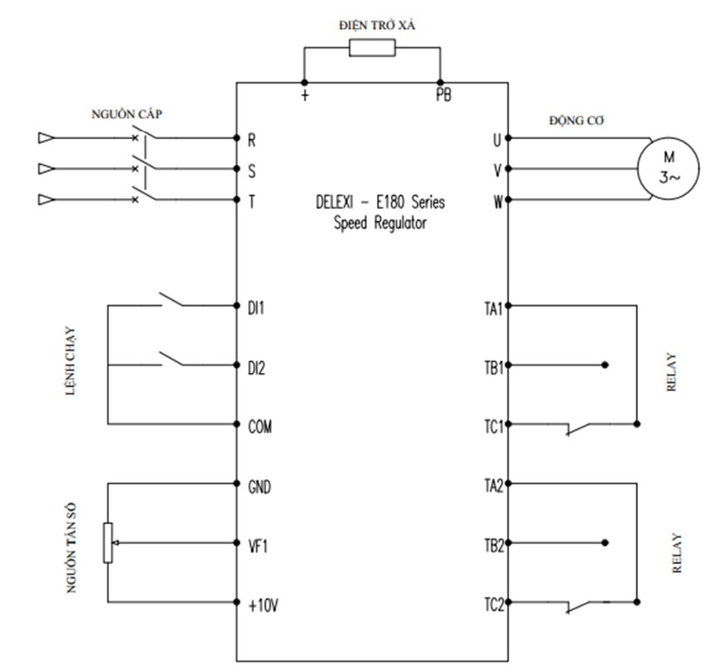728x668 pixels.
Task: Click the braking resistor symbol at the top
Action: pyautogui.click(x=372, y=47)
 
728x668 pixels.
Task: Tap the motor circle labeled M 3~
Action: pyautogui.click(x=668, y=168)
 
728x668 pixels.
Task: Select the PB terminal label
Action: pyautogui.click(x=444, y=95)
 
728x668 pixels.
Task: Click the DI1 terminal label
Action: pyautogui.click(x=256, y=308)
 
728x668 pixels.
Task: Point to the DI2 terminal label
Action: pyautogui.click(x=256, y=368)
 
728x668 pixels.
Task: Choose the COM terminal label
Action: pyautogui.click(x=260, y=427)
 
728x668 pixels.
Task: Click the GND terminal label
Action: pyautogui.click(x=259, y=487)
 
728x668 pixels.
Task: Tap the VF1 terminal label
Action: pyautogui.click(x=258, y=546)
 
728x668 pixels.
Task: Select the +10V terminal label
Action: pyautogui.click(x=264, y=606)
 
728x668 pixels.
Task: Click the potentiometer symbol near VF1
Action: pyautogui.click(x=107, y=542)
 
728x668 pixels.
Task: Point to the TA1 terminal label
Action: pyautogui.click(x=493, y=308)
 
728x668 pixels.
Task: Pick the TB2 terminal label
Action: pyautogui.click(x=494, y=546)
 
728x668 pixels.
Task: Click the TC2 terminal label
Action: pyautogui.click(x=494, y=604)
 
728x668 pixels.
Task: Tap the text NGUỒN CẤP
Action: pyautogui.click(x=126, y=114)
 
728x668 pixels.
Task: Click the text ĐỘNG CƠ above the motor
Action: pyautogui.click(x=577, y=121)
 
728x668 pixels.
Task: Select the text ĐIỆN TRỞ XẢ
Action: pyautogui.click(x=377, y=25)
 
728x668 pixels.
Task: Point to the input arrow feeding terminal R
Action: pyautogui.click(x=46, y=138)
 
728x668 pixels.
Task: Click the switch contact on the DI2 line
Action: pyautogui.click(x=171, y=358)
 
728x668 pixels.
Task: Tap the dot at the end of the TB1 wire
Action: pyautogui.click(x=605, y=365)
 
